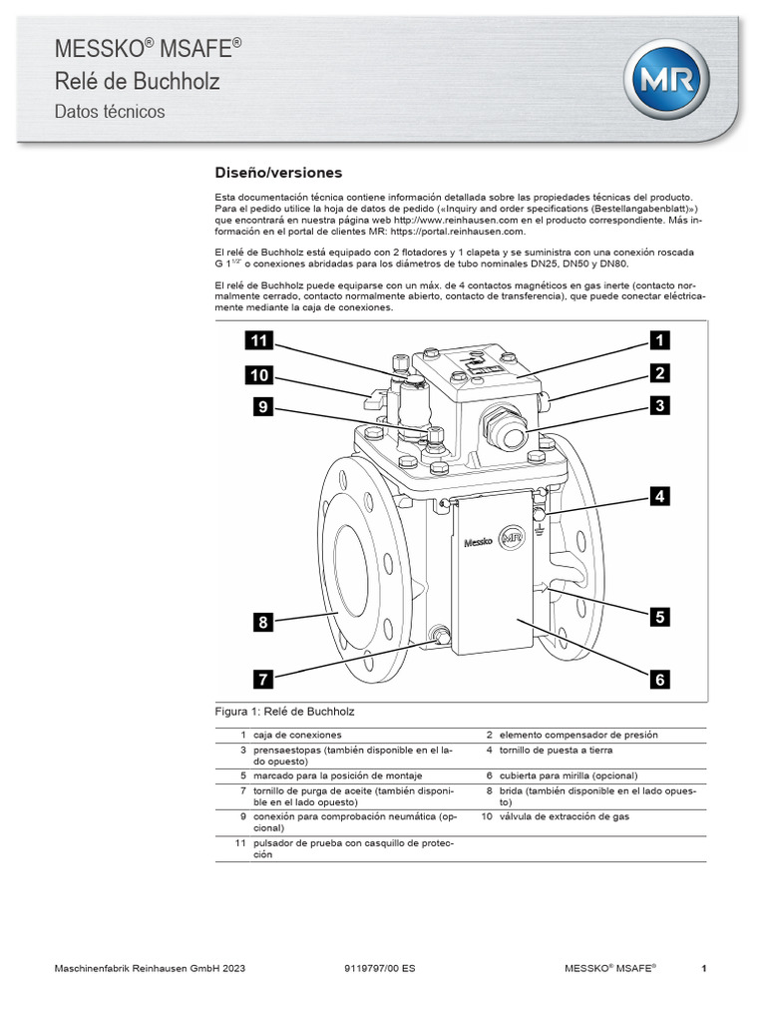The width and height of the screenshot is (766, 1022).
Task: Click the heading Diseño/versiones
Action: (278, 172)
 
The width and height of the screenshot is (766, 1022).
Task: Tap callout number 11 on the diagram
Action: (259, 341)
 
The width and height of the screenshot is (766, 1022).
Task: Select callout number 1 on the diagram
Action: (658, 341)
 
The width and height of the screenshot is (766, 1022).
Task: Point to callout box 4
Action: (658, 495)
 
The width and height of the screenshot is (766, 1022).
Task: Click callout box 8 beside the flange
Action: (262, 622)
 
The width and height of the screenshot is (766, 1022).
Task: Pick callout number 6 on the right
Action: (658, 680)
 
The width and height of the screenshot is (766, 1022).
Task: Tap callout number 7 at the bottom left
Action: (262, 680)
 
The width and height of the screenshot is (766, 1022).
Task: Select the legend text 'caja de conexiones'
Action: (296, 735)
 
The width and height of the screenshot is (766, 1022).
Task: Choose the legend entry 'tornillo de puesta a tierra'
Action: (556, 749)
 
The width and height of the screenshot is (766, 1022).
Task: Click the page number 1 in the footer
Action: (704, 968)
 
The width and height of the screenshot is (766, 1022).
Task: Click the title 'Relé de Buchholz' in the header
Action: (137, 82)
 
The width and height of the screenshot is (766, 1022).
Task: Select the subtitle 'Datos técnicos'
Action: (110, 112)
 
